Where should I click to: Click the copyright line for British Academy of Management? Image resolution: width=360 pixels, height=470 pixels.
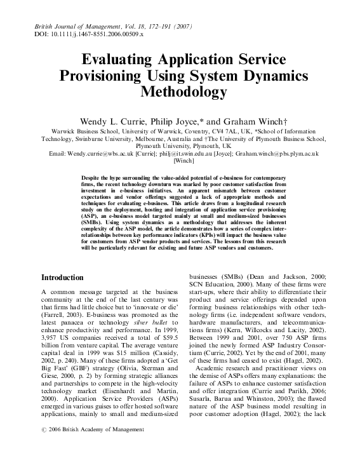(93, 430)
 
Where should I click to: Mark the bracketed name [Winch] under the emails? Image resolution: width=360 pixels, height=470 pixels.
(180, 162)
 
